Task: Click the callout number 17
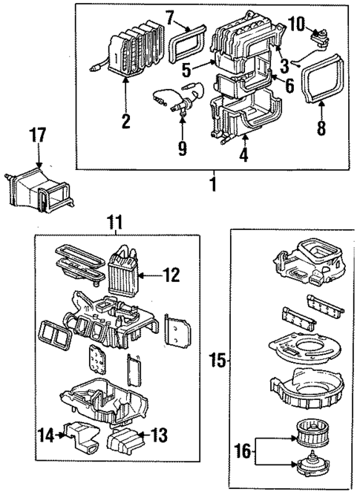click(38, 136)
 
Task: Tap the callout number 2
click(125, 119)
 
